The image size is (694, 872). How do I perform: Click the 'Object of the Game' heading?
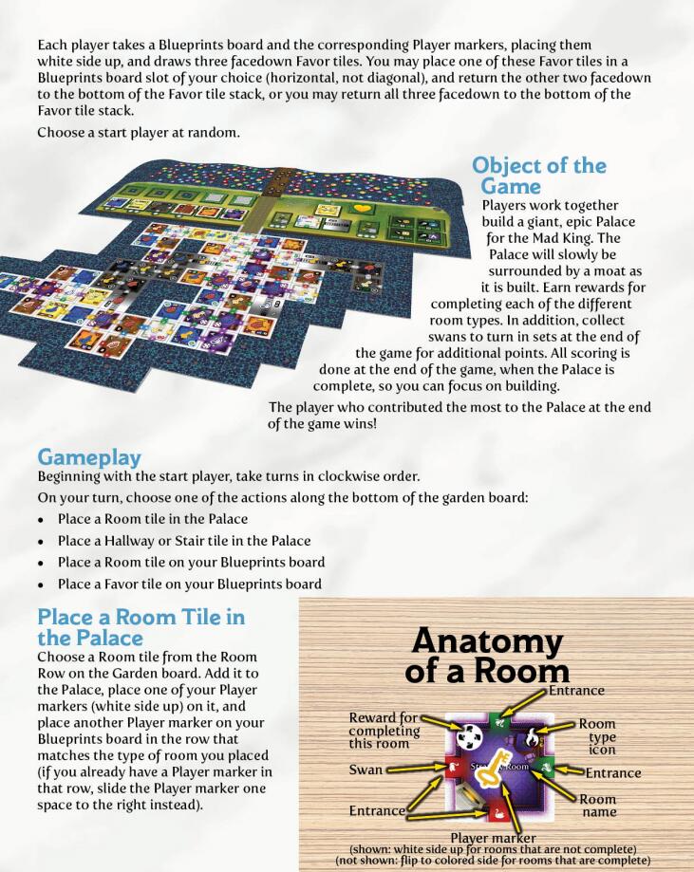click(x=538, y=176)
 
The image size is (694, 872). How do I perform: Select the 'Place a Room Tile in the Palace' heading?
click(x=141, y=626)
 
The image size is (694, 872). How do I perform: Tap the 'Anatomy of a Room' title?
click(x=487, y=656)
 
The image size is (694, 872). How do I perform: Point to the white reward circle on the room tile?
click(x=469, y=737)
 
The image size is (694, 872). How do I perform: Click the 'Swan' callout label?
click(x=365, y=770)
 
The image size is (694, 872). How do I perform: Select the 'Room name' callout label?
click(x=598, y=806)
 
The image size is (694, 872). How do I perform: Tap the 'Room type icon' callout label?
click(x=597, y=737)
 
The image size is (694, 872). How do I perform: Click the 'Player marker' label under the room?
click(x=493, y=838)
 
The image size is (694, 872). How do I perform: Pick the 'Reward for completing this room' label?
click(x=385, y=731)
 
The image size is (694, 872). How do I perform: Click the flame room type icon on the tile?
click(x=533, y=733)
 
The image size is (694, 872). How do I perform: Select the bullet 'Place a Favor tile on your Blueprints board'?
click(x=189, y=584)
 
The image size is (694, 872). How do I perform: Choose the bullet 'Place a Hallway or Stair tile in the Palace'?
click(x=183, y=541)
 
